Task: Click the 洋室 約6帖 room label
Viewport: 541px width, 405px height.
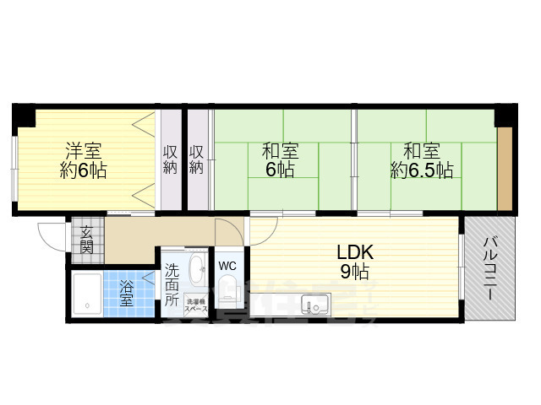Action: click(82, 160)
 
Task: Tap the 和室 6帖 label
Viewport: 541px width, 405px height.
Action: click(279, 160)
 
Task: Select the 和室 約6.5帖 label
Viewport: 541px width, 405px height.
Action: click(421, 160)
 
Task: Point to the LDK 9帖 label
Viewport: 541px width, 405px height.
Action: click(354, 262)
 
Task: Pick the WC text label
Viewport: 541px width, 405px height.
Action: click(227, 266)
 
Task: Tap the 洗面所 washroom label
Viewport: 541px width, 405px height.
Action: click(172, 285)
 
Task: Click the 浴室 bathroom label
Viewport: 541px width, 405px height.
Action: click(127, 293)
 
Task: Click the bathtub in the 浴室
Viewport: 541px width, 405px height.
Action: click(89, 294)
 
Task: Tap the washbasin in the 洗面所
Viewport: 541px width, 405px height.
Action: click(196, 271)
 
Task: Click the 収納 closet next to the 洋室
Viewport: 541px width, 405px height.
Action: click(169, 160)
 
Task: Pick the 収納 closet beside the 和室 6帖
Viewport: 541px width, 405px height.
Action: click(197, 160)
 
